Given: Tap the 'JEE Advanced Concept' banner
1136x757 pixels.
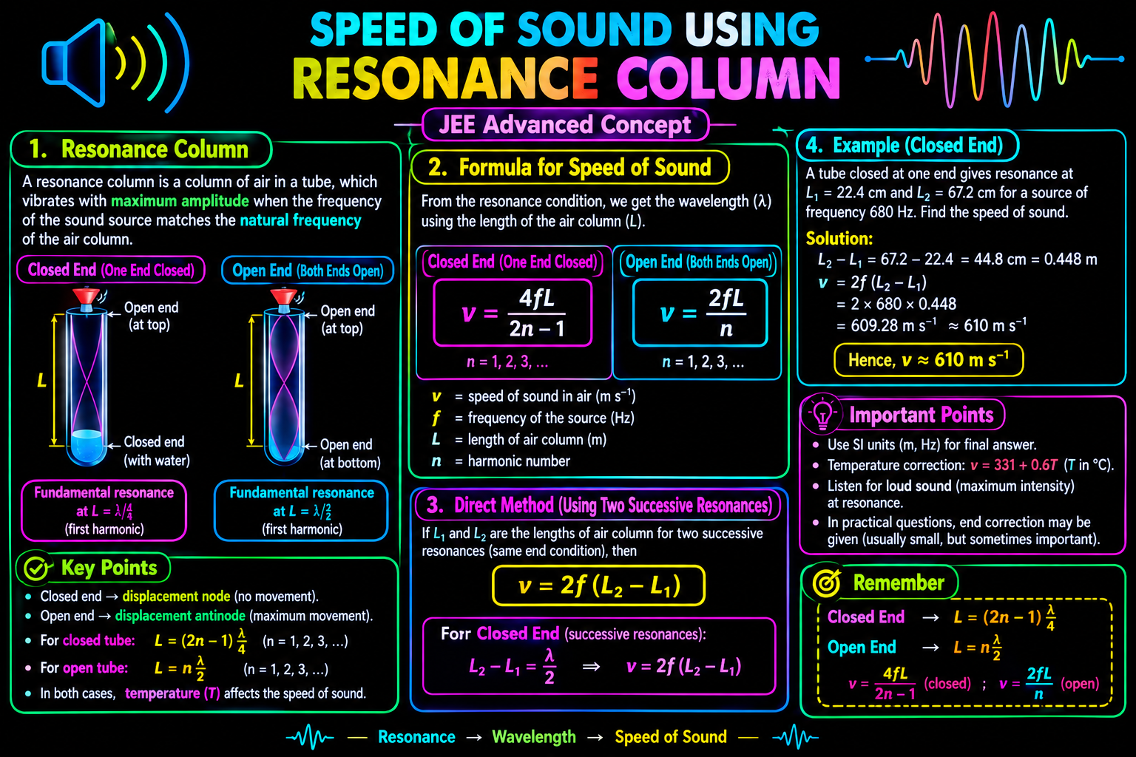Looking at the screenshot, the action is click(x=565, y=125).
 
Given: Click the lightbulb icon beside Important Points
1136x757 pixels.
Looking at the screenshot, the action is click(x=822, y=414).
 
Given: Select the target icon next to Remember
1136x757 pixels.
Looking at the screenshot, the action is click(x=826, y=583).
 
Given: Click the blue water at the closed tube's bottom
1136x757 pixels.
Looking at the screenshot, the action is click(x=87, y=446).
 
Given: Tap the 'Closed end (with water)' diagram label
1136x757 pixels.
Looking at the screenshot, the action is click(x=157, y=451).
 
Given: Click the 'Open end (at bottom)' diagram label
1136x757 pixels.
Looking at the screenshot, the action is click(x=350, y=453).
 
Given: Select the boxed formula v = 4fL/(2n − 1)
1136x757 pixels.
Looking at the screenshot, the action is click(x=513, y=313).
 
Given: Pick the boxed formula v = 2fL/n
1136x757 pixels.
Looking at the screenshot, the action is click(x=700, y=313).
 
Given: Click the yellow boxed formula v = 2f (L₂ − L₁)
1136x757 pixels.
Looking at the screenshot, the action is click(x=598, y=585).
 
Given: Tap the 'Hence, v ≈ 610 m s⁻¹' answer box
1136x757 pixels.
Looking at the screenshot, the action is click(x=929, y=360).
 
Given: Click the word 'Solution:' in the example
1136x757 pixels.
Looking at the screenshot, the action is click(x=839, y=238).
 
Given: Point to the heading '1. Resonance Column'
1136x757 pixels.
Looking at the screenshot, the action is click(x=139, y=149).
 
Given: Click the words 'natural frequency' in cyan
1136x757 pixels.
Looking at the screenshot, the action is click(x=300, y=220).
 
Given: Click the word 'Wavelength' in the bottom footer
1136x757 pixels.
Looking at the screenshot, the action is click(x=534, y=737).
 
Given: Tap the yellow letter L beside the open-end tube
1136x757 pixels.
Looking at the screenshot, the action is click(x=239, y=380).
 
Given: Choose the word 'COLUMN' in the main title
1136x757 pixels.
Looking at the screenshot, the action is click(x=728, y=78).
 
